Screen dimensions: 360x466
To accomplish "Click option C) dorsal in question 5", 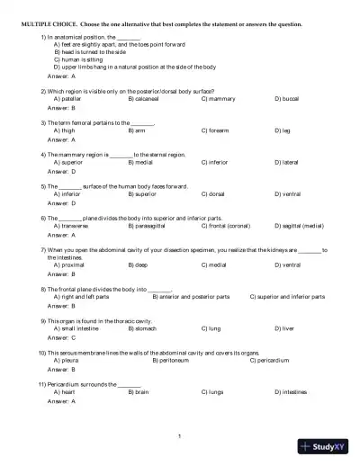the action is (213, 193).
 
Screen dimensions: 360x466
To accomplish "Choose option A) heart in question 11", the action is (65, 392).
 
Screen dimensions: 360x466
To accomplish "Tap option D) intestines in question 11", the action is (291, 392).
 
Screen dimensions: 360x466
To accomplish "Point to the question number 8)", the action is (44, 288).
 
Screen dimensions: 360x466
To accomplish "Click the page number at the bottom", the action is (180, 435).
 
